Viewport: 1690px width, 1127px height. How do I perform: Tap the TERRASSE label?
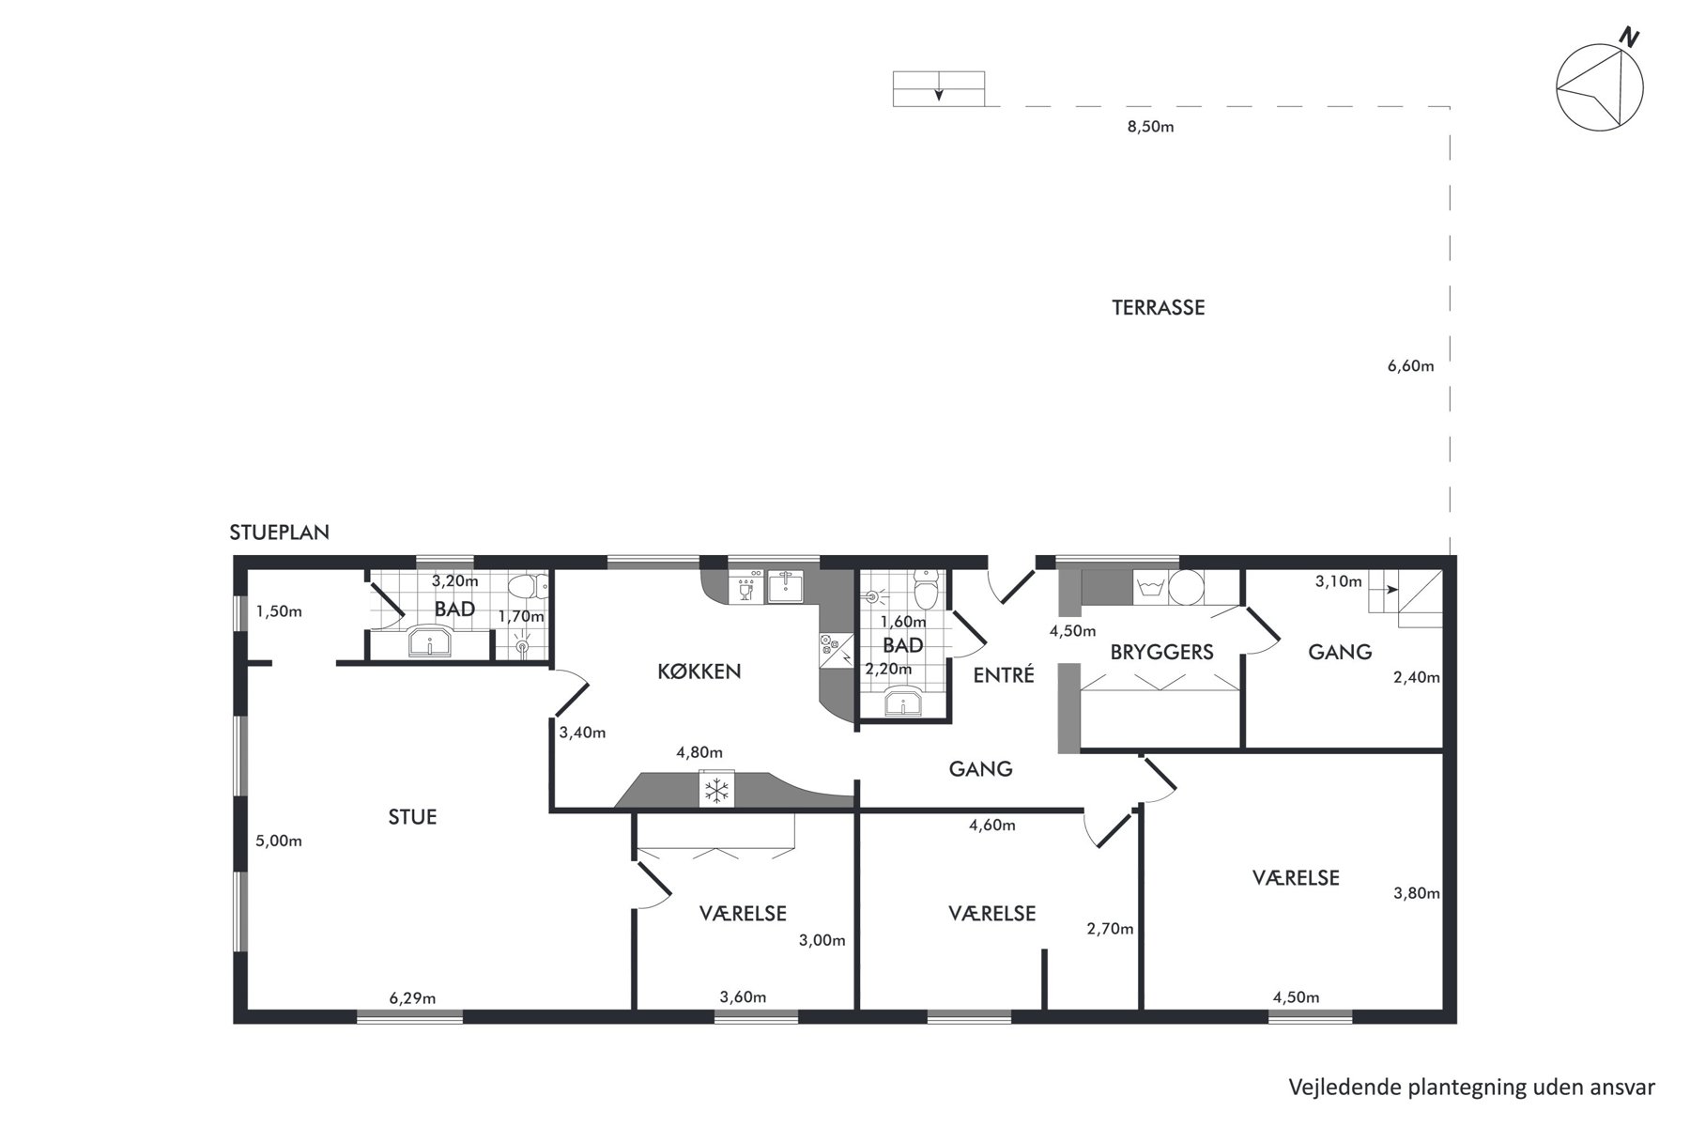tap(1158, 308)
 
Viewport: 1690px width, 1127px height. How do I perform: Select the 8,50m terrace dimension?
tap(1150, 127)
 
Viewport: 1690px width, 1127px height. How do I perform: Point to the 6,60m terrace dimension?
tap(1410, 366)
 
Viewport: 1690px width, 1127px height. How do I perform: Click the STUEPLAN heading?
tap(279, 533)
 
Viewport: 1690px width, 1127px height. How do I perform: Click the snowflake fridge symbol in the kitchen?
tap(717, 789)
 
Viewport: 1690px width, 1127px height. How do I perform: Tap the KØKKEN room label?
tap(699, 672)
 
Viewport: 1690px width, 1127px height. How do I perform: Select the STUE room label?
tap(412, 817)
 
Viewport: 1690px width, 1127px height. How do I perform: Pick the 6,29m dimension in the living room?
tap(412, 997)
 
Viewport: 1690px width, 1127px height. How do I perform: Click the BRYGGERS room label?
tap(1161, 652)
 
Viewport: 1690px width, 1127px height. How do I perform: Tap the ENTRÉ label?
tap(1003, 674)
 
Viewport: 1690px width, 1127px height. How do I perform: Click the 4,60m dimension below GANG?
tap(992, 826)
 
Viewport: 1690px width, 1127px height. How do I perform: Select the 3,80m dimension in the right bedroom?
tap(1416, 893)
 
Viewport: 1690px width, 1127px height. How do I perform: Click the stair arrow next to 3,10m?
tap(1388, 589)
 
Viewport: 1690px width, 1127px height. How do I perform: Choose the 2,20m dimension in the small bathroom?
tap(888, 670)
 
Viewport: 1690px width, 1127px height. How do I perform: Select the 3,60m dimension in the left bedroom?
tap(743, 997)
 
